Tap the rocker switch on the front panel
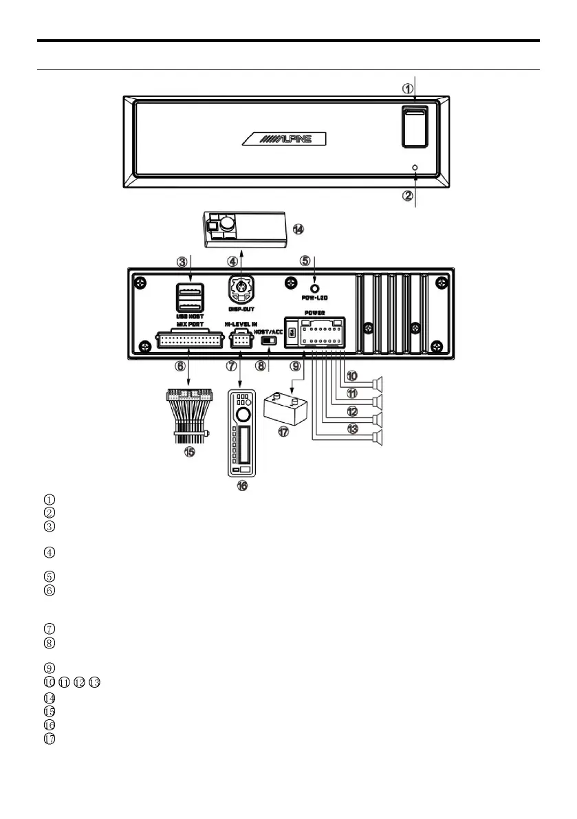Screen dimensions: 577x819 (414, 126)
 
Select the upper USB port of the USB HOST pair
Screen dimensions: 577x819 (188, 290)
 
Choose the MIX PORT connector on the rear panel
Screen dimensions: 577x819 (180, 339)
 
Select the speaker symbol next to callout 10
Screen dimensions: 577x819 (376, 384)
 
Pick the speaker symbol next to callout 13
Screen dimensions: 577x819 (376, 437)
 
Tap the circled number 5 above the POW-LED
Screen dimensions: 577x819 (305, 261)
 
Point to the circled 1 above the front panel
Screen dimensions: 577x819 (407, 89)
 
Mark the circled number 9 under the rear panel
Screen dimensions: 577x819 (294, 367)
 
